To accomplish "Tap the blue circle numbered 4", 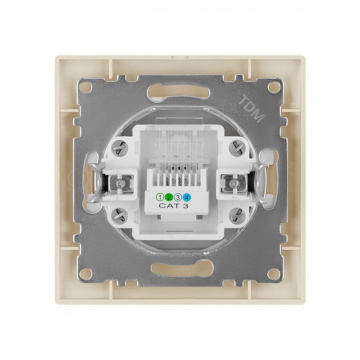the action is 187,197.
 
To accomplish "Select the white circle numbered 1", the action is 160,197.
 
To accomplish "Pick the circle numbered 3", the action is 178,197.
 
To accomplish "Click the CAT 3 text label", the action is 173,206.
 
